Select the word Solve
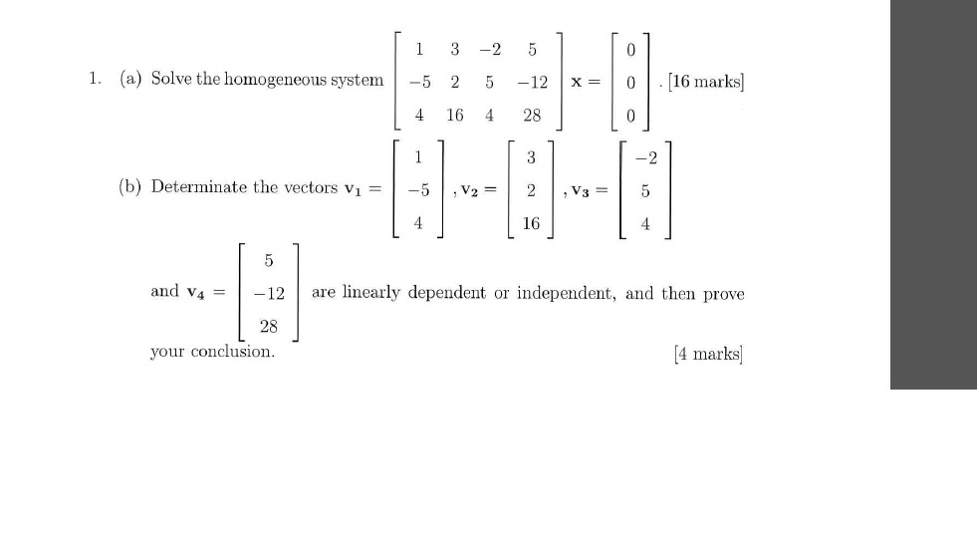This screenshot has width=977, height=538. (171, 80)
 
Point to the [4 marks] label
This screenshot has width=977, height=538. (708, 354)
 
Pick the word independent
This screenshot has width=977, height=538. (567, 293)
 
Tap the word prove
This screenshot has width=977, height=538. (724, 294)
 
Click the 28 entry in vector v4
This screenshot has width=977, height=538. (269, 326)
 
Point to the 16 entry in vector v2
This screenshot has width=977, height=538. (530, 224)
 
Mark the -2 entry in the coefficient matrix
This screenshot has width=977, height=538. (489, 49)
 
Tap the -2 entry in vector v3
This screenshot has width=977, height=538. (645, 155)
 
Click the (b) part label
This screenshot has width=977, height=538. (129, 187)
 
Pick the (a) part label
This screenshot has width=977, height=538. (129, 80)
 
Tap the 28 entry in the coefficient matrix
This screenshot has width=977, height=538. (532, 115)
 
